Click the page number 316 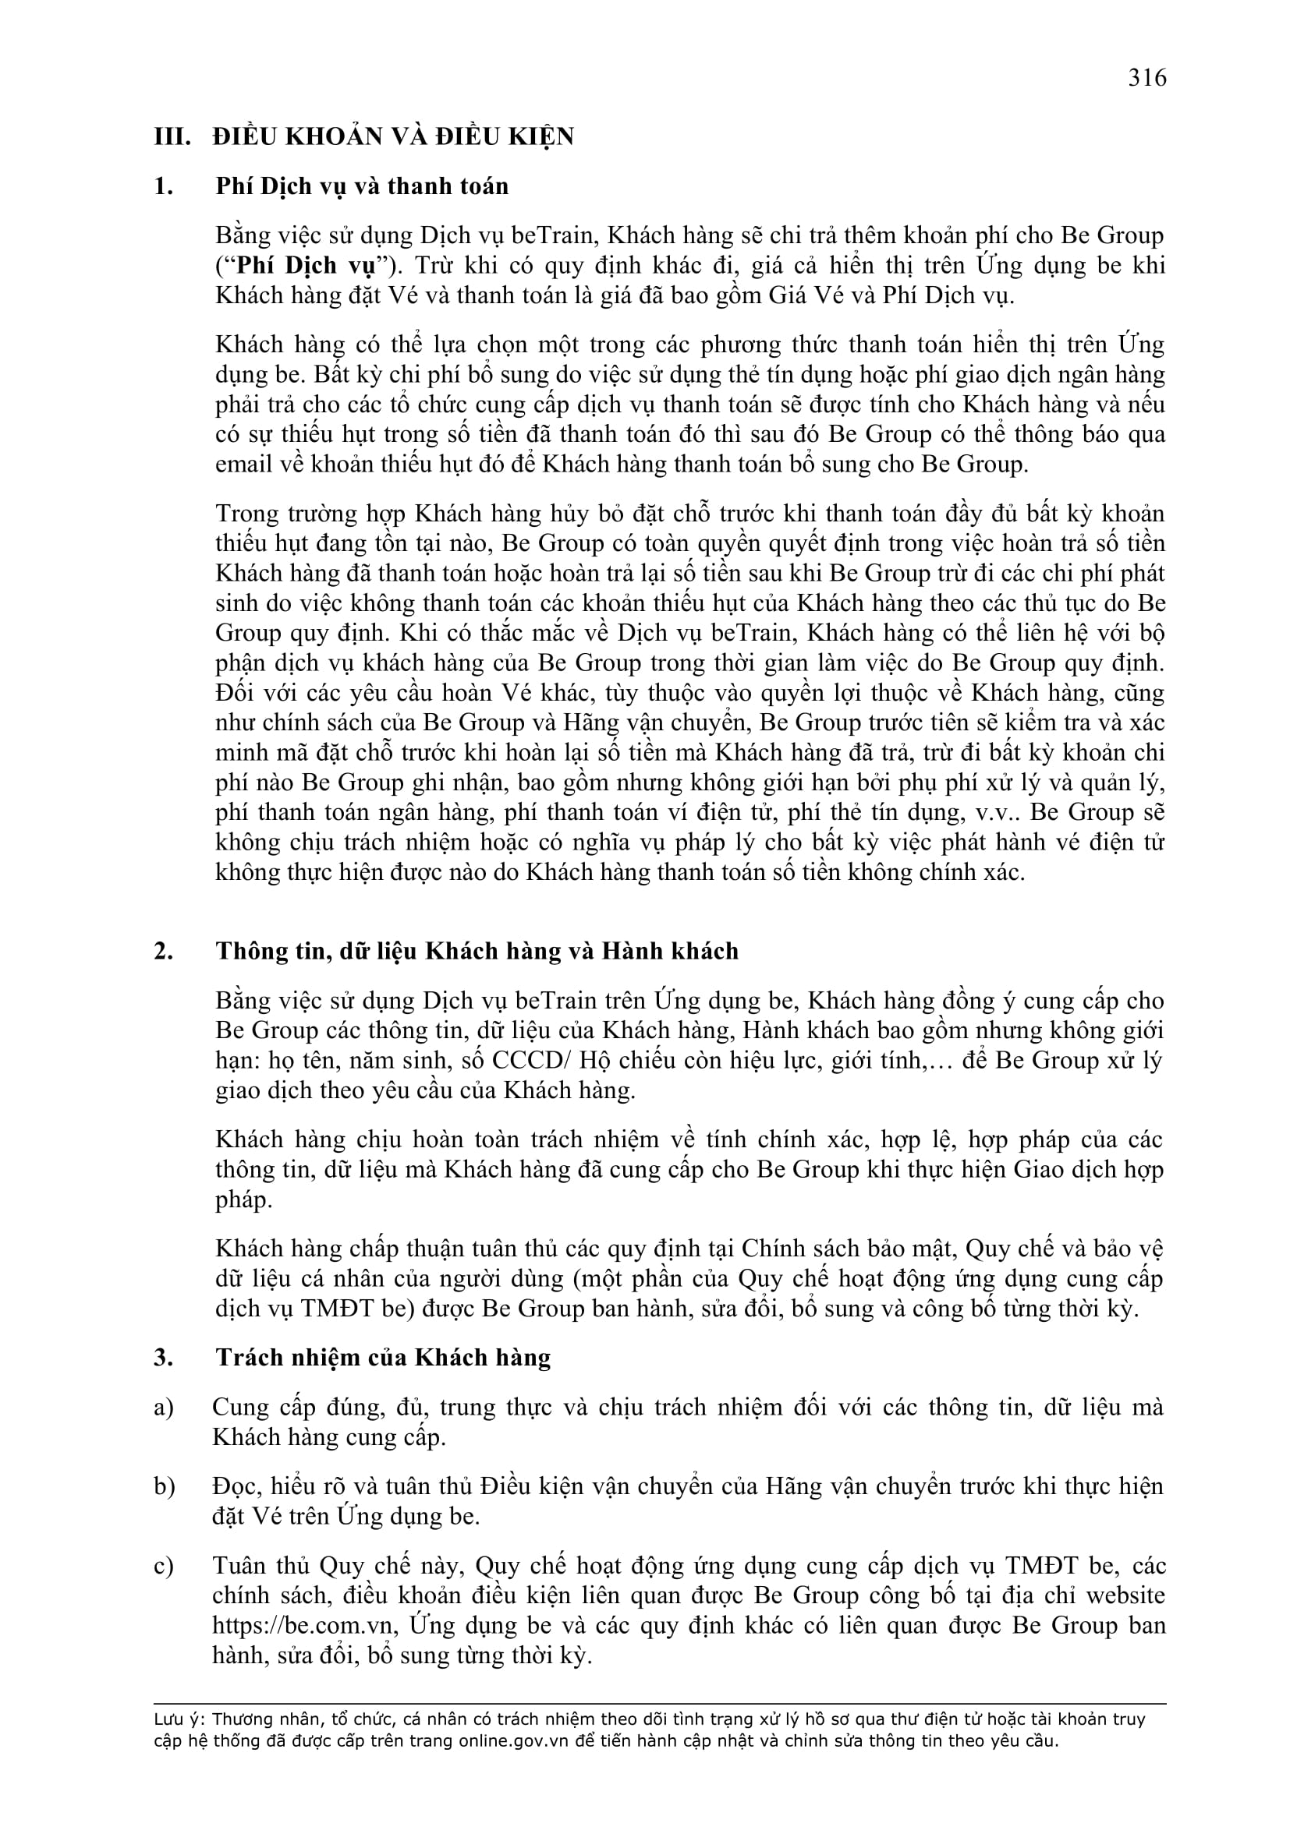[1147, 78]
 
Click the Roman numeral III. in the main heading [172, 137]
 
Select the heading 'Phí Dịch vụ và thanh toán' [361, 186]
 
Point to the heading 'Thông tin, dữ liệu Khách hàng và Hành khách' [477, 951]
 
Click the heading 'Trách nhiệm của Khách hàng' [383, 1358]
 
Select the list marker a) [164, 1408]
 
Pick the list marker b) [165, 1487]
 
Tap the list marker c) [164, 1567]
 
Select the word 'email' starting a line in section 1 [241, 465]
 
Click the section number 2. [164, 951]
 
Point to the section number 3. [164, 1358]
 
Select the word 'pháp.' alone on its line [243, 1199]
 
